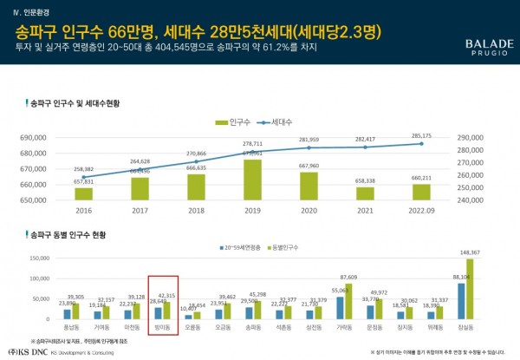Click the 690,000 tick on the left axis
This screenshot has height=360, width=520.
(30, 138)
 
